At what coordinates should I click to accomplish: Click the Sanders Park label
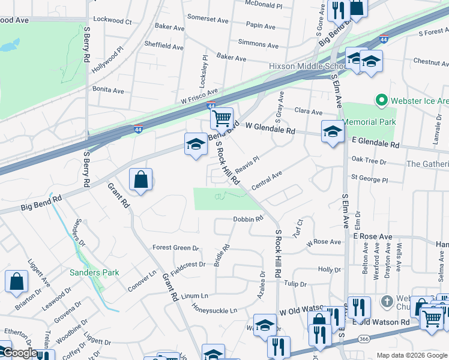coord(94,272)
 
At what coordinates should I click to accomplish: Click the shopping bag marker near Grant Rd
coord(140,179)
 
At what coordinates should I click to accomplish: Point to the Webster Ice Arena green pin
coord(380,100)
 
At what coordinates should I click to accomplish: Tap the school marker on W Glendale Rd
coord(332,132)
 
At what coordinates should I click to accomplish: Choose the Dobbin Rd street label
coord(248,220)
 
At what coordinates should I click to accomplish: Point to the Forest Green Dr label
coord(175,248)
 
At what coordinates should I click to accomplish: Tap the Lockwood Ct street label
coord(112,21)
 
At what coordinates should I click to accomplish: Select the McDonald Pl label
coord(264,5)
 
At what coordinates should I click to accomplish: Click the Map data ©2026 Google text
coord(411,355)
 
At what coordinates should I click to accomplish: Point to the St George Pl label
coord(370,179)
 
